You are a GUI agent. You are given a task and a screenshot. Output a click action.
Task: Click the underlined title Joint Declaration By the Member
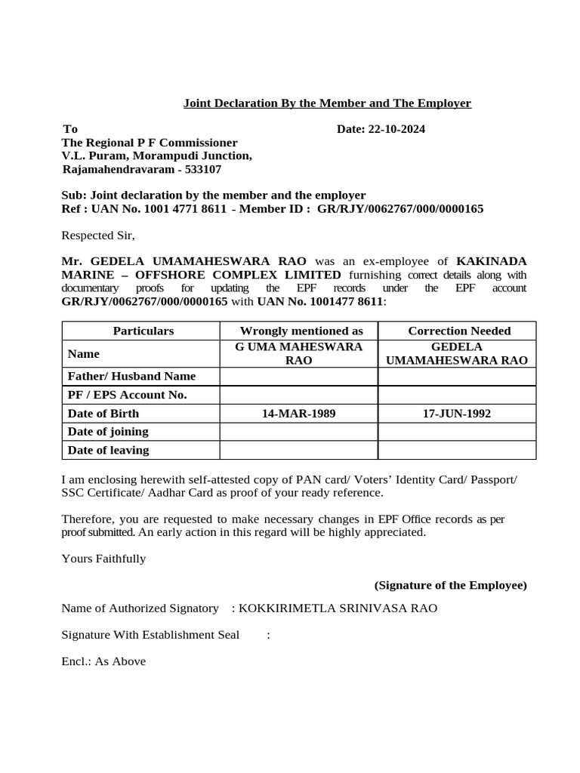pyautogui.click(x=327, y=103)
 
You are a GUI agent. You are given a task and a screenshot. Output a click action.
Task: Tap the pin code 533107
pyautogui.click(x=202, y=170)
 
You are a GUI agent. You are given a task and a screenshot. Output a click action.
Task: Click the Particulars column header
pyautogui.click(x=143, y=331)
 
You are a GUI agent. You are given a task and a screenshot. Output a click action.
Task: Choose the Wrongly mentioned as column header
pyautogui.click(x=301, y=331)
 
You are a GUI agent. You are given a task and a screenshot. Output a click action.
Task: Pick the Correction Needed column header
pyautogui.click(x=459, y=331)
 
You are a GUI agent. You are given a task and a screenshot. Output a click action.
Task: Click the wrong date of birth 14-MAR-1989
pyautogui.click(x=298, y=414)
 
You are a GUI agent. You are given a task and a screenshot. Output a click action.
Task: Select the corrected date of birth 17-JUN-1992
pyautogui.click(x=457, y=414)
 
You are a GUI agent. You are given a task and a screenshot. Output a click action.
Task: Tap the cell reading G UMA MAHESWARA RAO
pyautogui.click(x=298, y=353)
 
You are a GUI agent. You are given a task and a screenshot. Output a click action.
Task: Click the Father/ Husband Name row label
pyautogui.click(x=131, y=376)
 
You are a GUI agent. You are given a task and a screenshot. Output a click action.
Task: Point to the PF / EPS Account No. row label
pyautogui.click(x=127, y=395)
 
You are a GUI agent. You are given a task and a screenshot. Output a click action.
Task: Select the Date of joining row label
pyautogui.click(x=108, y=432)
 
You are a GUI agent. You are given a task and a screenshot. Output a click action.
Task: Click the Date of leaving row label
pyautogui.click(x=108, y=450)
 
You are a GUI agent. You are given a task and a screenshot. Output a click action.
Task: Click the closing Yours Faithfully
pyautogui.click(x=103, y=559)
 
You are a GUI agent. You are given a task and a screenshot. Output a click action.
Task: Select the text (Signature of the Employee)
pyautogui.click(x=450, y=585)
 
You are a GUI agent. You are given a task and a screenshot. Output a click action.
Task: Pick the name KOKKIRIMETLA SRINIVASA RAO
pyautogui.click(x=338, y=608)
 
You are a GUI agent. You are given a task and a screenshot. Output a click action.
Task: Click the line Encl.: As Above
pyautogui.click(x=103, y=661)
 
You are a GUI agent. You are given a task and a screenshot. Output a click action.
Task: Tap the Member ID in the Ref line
pyautogui.click(x=400, y=209)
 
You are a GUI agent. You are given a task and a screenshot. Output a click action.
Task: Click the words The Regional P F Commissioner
pyautogui.click(x=150, y=143)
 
